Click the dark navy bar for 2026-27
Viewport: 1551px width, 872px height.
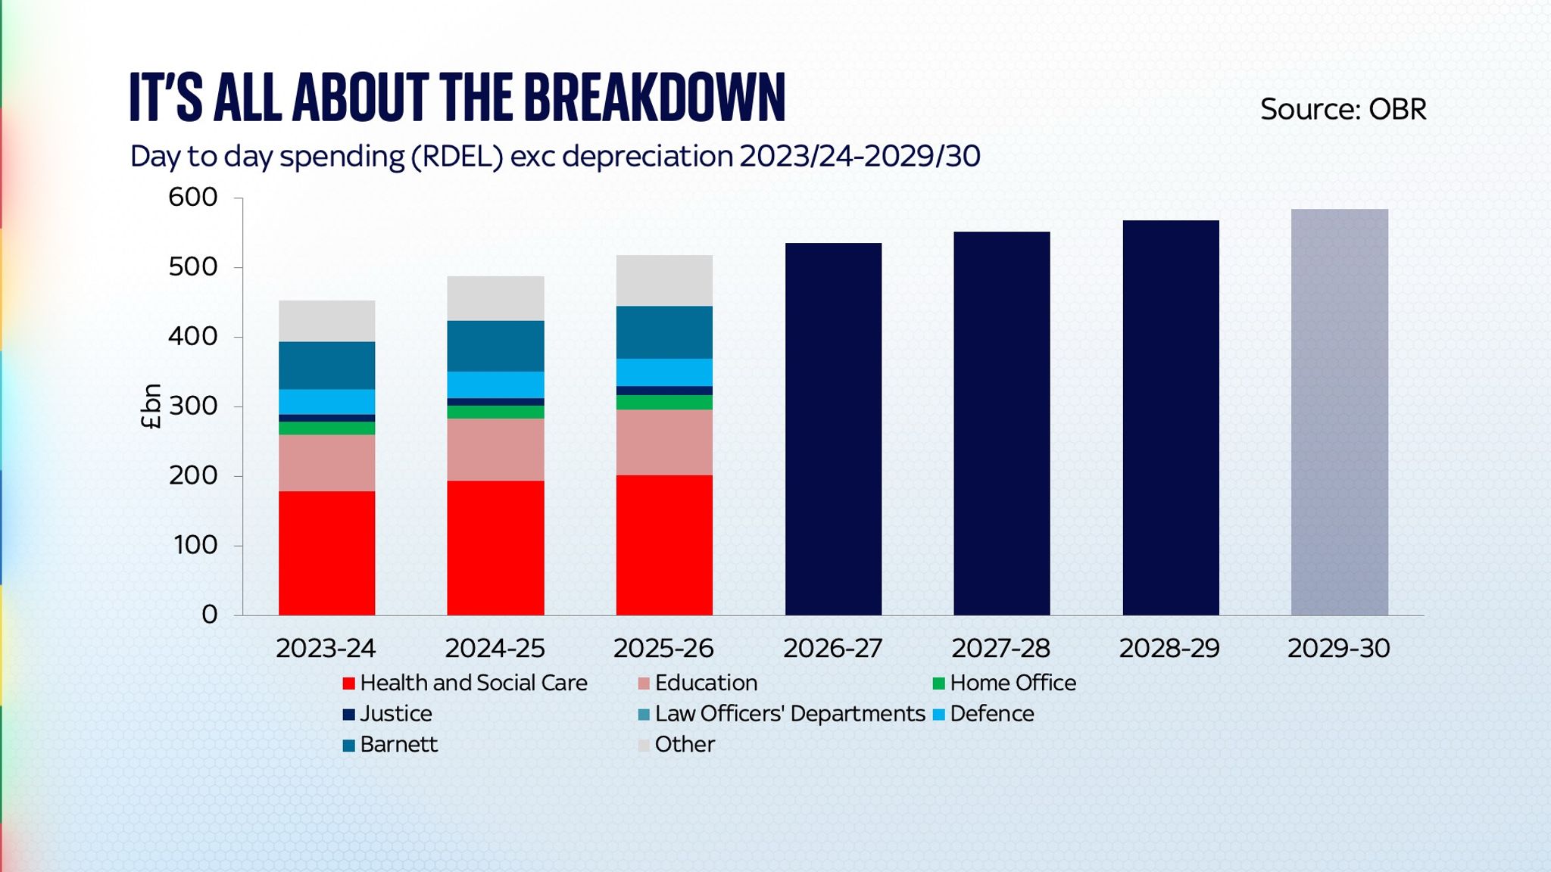coord(833,428)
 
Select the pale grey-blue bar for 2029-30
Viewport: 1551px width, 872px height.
coord(1339,412)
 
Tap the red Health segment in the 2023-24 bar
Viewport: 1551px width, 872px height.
coord(326,553)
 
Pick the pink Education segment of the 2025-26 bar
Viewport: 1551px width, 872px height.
coord(664,442)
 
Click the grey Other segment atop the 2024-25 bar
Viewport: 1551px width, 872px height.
coord(495,298)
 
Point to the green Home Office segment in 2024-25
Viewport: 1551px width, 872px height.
coord(495,412)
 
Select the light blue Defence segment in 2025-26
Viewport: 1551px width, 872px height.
coord(664,372)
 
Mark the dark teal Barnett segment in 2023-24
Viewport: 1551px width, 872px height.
coord(326,365)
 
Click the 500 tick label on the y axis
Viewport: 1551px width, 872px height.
coord(192,267)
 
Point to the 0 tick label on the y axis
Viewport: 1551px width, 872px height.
coord(209,615)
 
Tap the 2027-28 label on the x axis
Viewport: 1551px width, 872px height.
coord(1000,649)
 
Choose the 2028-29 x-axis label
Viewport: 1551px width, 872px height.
coord(1169,649)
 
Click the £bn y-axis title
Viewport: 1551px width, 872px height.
coord(151,406)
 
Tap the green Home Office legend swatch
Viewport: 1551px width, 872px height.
coord(938,684)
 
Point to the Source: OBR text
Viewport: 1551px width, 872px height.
coord(1343,110)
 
